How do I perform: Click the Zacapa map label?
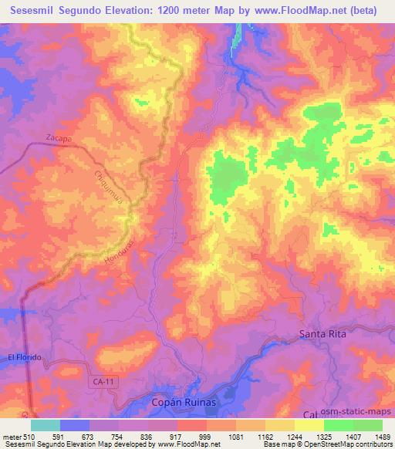59,137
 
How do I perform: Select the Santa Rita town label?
323,334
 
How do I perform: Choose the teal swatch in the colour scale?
46,425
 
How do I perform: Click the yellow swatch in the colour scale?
309,425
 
